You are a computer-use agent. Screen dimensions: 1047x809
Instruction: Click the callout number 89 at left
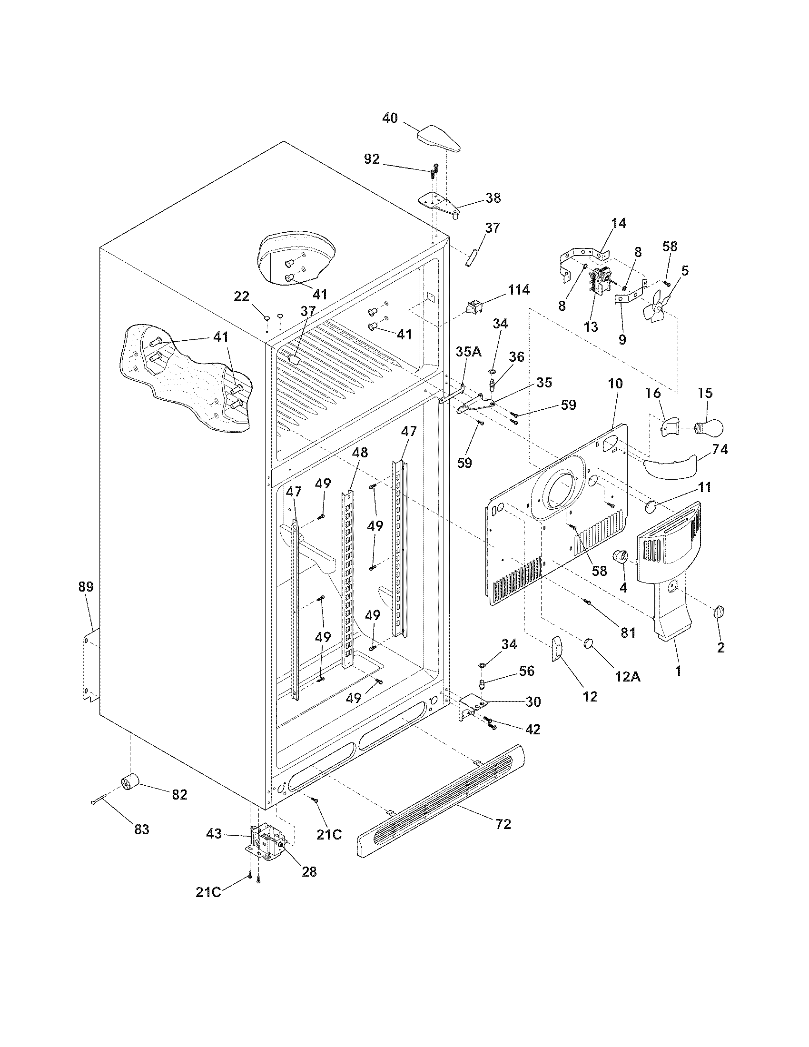(86, 586)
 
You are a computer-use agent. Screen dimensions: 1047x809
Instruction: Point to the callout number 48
(360, 452)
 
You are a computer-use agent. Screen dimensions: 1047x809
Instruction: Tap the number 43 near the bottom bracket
(214, 834)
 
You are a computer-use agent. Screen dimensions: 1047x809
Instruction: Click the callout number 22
(242, 297)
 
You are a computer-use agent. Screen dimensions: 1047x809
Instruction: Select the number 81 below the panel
(627, 632)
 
